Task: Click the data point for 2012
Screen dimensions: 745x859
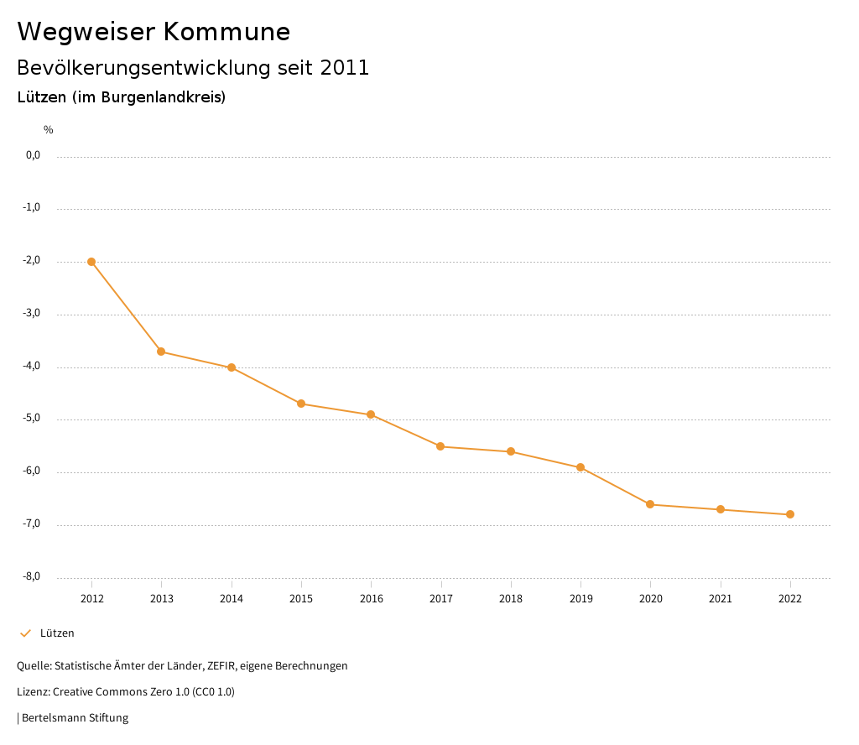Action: coord(91,262)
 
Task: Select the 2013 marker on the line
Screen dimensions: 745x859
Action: coord(161,352)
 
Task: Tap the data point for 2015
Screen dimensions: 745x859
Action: coord(301,404)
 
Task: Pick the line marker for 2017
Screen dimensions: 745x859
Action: coord(440,446)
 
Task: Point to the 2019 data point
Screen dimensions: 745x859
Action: coord(580,467)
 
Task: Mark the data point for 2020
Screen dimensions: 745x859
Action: coord(650,504)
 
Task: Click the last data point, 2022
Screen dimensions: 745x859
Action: coord(790,514)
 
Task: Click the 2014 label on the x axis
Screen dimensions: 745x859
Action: coord(232,599)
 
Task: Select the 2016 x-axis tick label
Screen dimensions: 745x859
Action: coord(371,599)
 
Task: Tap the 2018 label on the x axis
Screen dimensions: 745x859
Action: coord(511,599)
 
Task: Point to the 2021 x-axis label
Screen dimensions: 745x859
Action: coord(721,599)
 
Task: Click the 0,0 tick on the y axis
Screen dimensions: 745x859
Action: coord(33,155)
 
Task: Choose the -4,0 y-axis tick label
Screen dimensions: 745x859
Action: coord(31,366)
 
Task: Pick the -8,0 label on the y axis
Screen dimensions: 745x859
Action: coord(31,576)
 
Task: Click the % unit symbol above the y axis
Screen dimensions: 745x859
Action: coord(49,130)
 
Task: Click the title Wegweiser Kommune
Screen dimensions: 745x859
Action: coord(154,32)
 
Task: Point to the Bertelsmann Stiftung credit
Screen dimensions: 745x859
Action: coord(75,718)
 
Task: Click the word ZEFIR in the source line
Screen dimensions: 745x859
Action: coord(220,666)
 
